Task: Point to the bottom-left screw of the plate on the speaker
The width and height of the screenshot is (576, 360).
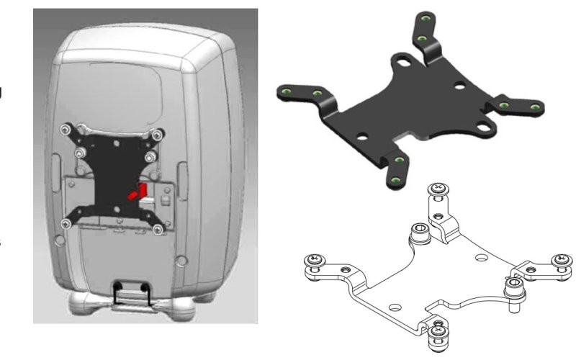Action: (x=67, y=222)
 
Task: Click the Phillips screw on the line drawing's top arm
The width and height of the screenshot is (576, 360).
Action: (x=438, y=190)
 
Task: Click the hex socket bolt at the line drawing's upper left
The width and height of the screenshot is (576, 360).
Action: (x=420, y=233)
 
